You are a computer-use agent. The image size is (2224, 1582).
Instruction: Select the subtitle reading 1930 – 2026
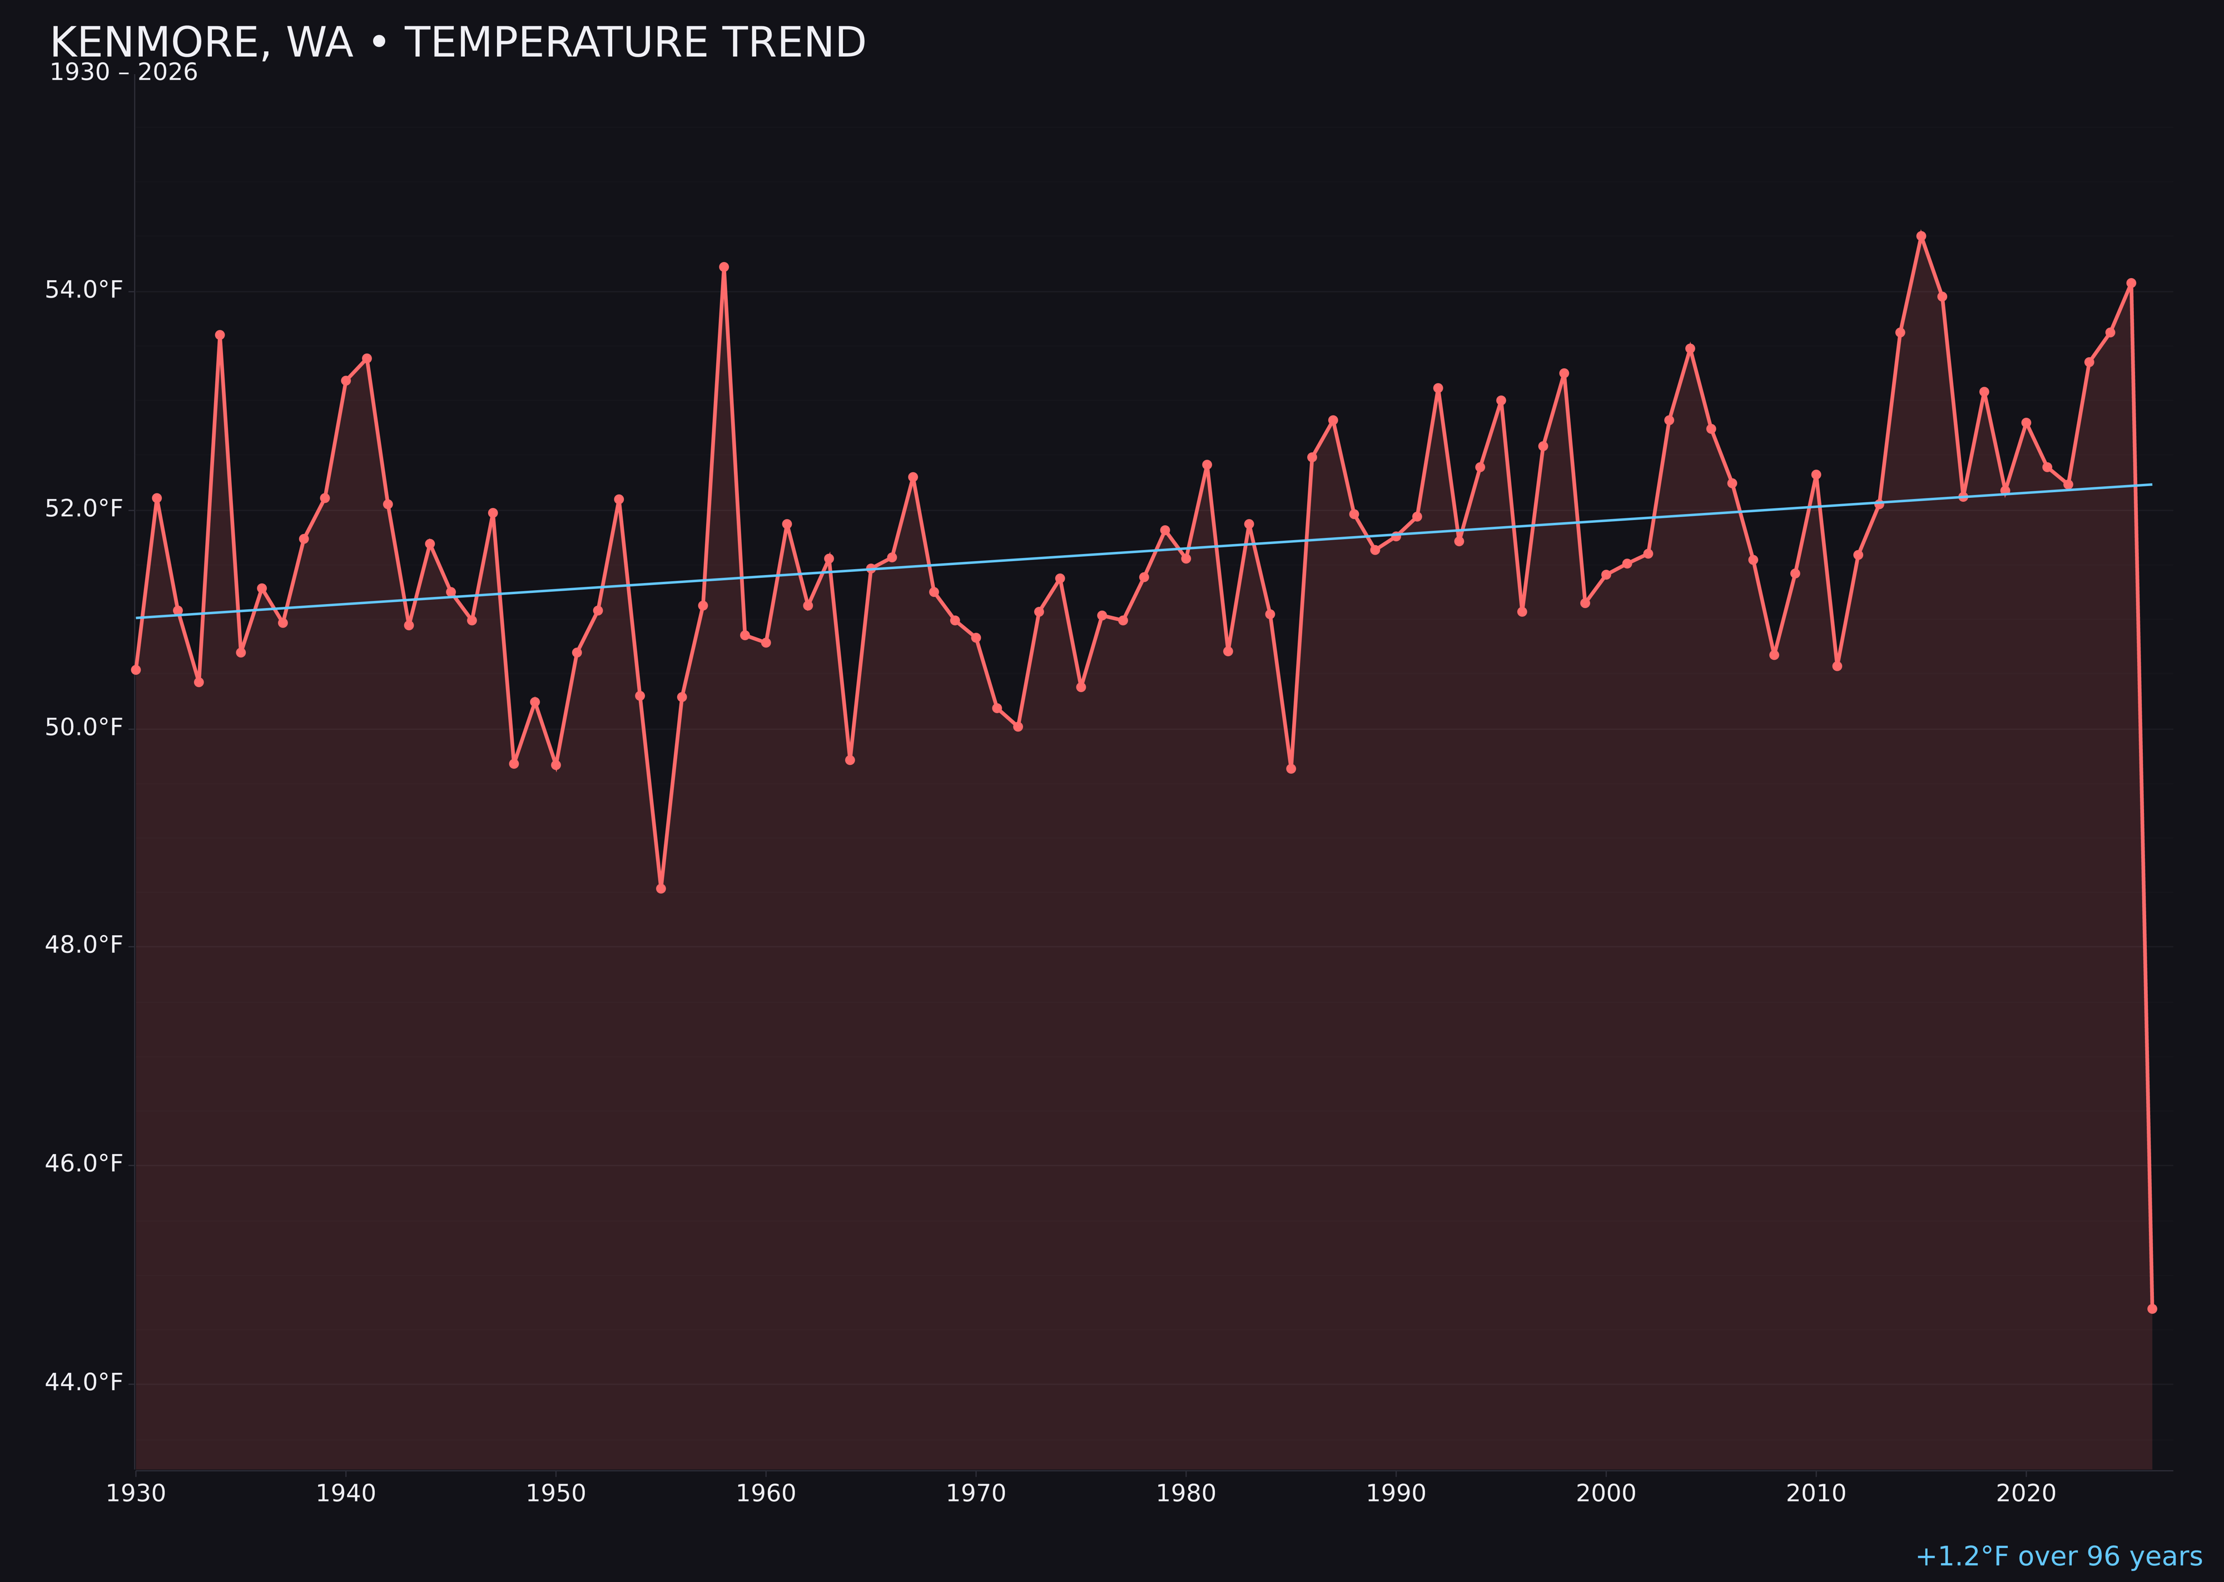[123, 73]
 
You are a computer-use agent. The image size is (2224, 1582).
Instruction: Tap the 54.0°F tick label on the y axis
[84, 290]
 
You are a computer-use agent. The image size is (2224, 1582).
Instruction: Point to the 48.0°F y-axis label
[84, 945]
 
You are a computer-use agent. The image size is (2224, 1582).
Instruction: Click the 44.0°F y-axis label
[84, 1382]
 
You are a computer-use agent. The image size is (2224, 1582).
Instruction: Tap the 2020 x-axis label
[2026, 1494]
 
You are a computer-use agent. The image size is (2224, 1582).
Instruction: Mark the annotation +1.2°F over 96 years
[2058, 1556]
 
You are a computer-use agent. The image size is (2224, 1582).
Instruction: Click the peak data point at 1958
[723, 267]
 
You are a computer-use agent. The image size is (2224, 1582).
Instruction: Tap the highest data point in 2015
[1921, 236]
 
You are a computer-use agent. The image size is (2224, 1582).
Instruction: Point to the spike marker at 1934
[220, 335]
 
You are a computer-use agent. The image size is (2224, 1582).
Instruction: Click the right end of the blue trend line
[2151, 484]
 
